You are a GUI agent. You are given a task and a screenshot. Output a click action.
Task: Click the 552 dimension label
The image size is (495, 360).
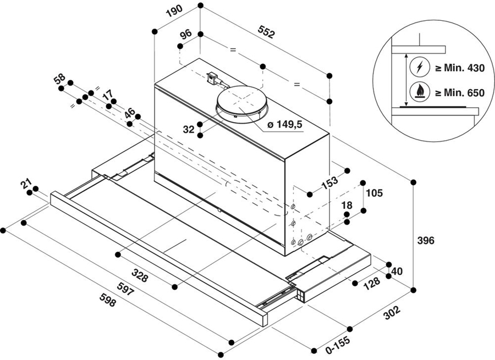pyautogui.click(x=266, y=32)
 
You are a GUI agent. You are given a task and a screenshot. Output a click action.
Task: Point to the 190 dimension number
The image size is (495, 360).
pyautogui.click(x=174, y=11)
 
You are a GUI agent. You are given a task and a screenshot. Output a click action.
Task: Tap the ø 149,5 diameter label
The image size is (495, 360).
pyautogui.click(x=285, y=125)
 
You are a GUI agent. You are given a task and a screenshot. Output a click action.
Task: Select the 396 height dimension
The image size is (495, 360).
pyautogui.click(x=426, y=240)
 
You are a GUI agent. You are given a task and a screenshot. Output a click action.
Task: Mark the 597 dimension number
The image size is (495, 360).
pyautogui.click(x=125, y=289)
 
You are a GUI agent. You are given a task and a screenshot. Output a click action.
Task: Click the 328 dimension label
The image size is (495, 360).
pyautogui.click(x=140, y=275)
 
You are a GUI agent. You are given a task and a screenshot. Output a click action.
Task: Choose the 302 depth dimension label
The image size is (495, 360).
pyautogui.click(x=392, y=313)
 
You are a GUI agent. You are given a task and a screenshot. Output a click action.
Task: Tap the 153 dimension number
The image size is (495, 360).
pyautogui.click(x=329, y=182)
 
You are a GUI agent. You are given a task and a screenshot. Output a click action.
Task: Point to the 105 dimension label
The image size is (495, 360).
pyautogui.click(x=374, y=192)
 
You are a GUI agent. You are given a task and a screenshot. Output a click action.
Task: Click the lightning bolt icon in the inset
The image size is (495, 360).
pyautogui.click(x=420, y=67)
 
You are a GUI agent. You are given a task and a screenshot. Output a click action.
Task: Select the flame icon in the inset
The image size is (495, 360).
pyautogui.click(x=420, y=91)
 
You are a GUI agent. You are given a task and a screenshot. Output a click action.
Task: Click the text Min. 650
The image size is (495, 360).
pyautogui.click(x=464, y=93)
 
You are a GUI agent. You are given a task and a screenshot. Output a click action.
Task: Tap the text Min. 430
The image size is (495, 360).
pyautogui.click(x=464, y=68)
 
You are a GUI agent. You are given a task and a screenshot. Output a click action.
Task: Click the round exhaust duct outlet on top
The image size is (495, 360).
pyautogui.click(x=241, y=103)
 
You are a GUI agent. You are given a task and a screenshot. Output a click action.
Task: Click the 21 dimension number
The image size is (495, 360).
pyautogui.click(x=26, y=184)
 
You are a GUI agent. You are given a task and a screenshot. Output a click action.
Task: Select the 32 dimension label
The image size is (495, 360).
pyautogui.click(x=189, y=129)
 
